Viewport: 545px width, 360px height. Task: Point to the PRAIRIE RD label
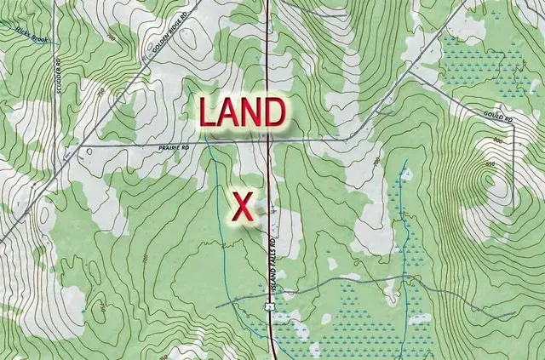pos(171,146)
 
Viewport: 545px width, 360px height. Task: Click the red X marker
pos(244,207)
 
